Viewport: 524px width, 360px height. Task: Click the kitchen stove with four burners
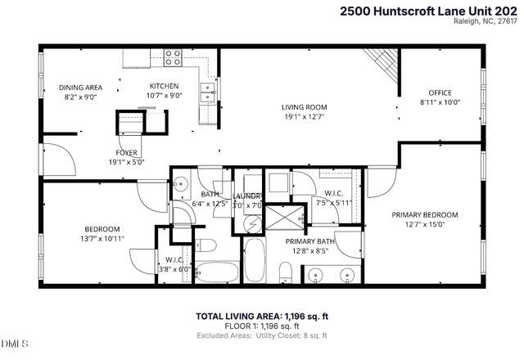[x=173, y=57]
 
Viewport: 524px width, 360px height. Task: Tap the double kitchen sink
[x=208, y=92]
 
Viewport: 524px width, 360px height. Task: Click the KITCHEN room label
[x=164, y=86]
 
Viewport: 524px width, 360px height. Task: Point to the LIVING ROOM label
[x=305, y=106]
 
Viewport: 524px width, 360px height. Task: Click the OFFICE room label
[x=440, y=92]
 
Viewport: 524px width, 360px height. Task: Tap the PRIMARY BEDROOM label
[x=424, y=214]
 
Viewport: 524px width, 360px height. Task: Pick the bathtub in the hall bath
[x=215, y=272]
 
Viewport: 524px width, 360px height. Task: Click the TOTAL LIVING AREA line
[x=262, y=316]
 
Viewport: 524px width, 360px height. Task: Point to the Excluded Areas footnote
[x=262, y=335]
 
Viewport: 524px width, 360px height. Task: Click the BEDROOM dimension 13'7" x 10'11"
[x=102, y=239]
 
